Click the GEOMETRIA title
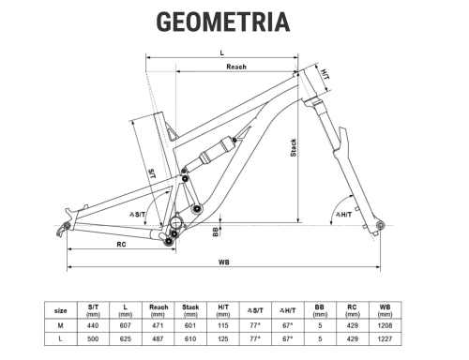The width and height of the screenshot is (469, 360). click(x=223, y=22)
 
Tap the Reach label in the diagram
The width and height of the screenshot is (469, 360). click(x=236, y=67)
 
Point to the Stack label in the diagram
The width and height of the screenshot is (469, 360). click(x=294, y=148)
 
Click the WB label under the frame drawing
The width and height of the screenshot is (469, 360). click(x=224, y=262)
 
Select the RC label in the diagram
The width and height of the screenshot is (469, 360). click(x=121, y=245)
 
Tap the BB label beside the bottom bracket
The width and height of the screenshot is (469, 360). click(x=216, y=232)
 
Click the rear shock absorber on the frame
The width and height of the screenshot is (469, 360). click(x=216, y=150)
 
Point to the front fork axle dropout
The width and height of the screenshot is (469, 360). click(x=380, y=225)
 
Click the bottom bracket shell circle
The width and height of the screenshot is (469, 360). click(x=176, y=223)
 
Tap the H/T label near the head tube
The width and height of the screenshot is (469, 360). click(x=325, y=74)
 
